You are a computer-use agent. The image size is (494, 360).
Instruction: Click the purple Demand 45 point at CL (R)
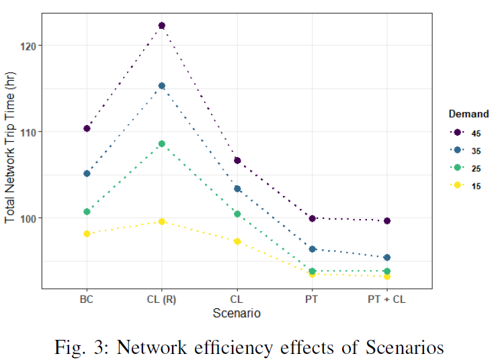[161, 26]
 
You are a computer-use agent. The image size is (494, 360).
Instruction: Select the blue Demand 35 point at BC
[87, 173]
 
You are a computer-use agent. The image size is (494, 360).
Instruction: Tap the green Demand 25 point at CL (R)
[161, 144]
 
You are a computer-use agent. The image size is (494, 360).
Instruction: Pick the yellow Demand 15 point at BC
[87, 234]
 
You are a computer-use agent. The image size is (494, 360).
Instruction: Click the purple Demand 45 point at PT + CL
[387, 221]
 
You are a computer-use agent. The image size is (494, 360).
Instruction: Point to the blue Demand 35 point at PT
[312, 249]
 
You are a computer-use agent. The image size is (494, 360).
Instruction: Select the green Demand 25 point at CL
[237, 214]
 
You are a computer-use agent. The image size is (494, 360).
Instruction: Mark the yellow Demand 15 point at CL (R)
[161, 222]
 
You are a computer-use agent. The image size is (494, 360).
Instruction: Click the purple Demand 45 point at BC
[87, 128]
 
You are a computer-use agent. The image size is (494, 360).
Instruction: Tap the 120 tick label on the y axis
[30, 46]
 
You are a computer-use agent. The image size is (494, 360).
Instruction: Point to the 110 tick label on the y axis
[30, 132]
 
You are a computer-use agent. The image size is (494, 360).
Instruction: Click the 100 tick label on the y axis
[30, 218]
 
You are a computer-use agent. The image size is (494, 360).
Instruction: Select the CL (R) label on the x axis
[161, 300]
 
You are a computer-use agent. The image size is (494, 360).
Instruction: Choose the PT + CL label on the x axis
[387, 300]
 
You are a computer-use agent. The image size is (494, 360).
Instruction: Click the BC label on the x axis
[87, 300]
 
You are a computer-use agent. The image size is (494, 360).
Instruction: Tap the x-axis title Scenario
[237, 313]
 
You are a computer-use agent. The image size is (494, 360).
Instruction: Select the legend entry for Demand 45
[466, 133]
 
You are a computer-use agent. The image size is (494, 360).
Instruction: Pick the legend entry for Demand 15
[466, 186]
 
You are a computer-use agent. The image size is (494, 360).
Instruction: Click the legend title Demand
[468, 114]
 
